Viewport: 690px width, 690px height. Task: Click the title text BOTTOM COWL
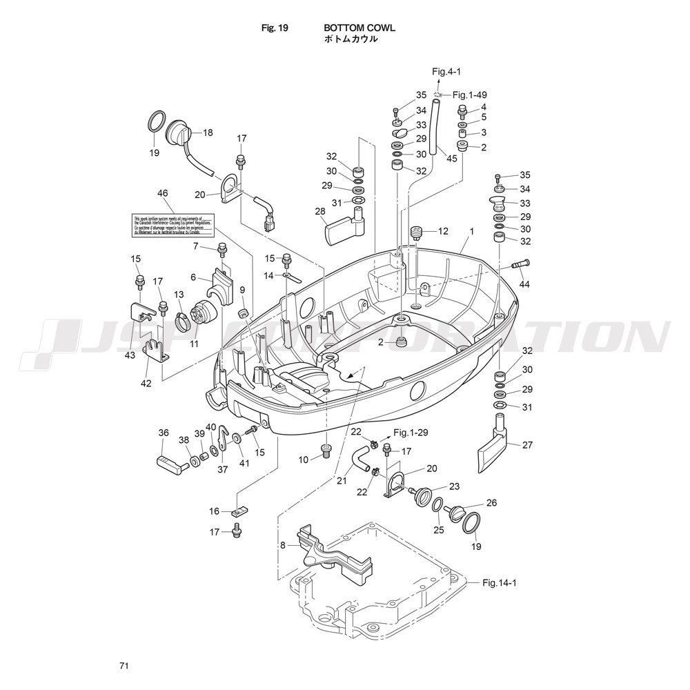tap(359, 28)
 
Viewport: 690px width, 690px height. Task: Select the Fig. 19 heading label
tap(275, 28)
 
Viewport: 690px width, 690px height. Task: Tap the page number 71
tap(124, 666)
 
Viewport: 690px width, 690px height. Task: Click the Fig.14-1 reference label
tap(500, 583)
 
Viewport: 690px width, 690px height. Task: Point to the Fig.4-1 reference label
tap(446, 71)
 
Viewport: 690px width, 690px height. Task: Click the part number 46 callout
tap(163, 194)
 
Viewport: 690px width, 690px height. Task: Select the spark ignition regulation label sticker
tap(173, 225)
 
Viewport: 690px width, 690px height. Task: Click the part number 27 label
tap(527, 445)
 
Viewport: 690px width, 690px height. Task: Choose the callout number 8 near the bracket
tap(282, 545)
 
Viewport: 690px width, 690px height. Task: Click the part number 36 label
tap(164, 433)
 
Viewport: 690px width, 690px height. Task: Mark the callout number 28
tap(319, 210)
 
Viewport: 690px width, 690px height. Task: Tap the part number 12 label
tap(442, 231)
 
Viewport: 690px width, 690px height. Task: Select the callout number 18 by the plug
tap(208, 132)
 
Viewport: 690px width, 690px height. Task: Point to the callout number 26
tap(491, 503)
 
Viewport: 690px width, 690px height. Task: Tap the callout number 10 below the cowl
tap(304, 460)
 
